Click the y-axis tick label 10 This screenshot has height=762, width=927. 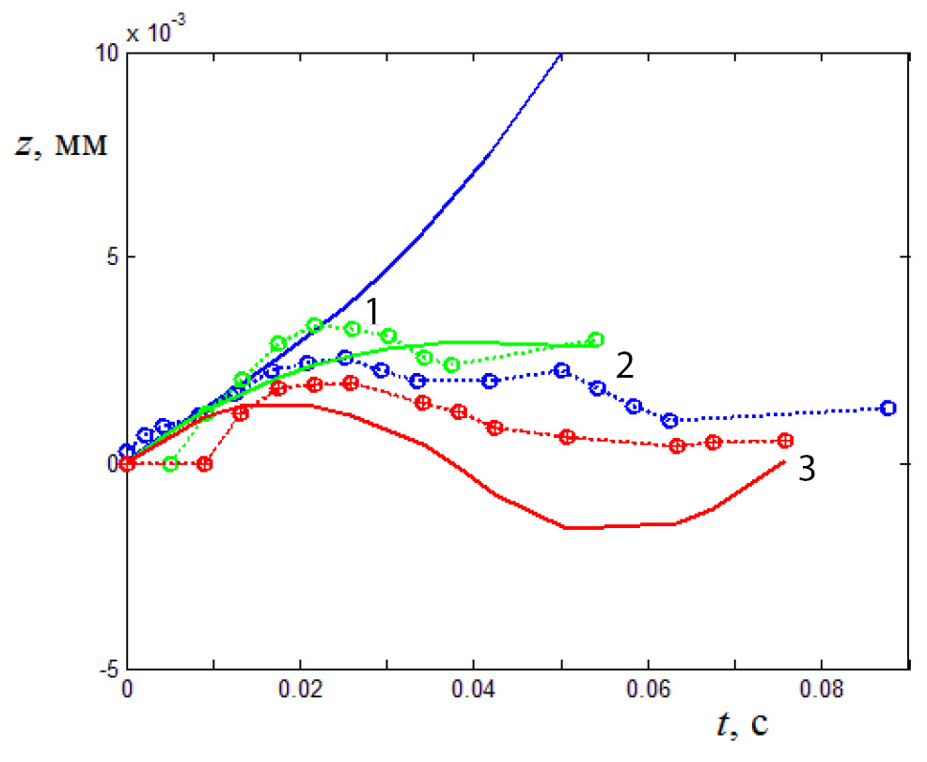105,54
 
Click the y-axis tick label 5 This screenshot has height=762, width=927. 111,257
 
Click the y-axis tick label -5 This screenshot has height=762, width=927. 107,668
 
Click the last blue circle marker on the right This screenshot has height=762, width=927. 888,408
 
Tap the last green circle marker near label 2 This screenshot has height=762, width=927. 594,339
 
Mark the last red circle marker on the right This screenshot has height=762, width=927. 785,441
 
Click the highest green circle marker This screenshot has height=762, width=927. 315,325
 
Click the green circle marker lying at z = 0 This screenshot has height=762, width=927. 170,463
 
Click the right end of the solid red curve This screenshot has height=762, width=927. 784,461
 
